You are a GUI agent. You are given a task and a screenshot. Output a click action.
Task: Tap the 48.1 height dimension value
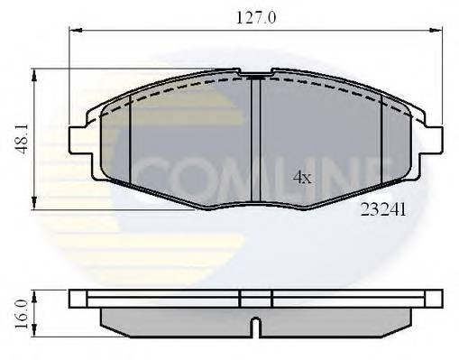(20, 138)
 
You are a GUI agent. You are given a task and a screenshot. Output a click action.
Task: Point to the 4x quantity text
(302, 178)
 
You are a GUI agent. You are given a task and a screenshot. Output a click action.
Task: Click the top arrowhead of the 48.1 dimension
(34, 72)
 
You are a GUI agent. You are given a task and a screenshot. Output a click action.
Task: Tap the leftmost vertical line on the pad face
(132, 135)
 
